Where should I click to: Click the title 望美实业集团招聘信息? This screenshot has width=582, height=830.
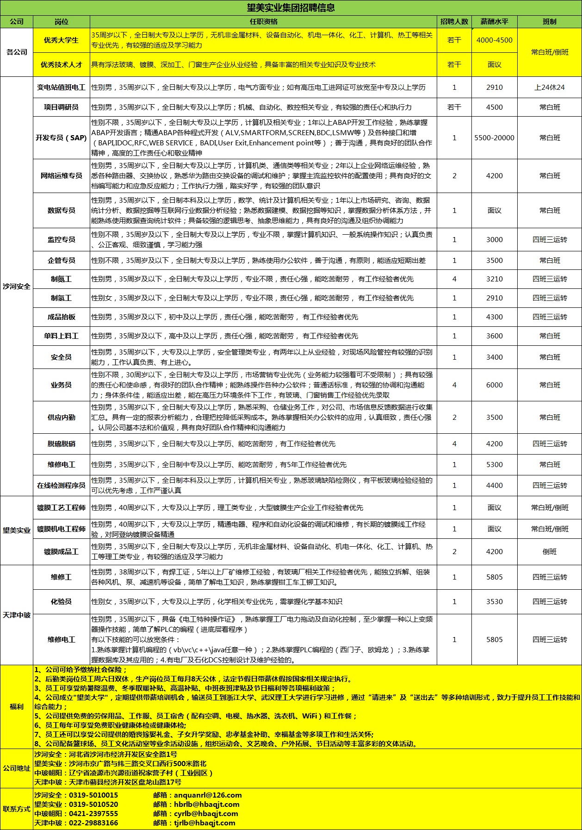(291, 8)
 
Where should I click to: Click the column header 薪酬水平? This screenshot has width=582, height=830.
(494, 22)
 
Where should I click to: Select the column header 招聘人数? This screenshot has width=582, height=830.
(454, 22)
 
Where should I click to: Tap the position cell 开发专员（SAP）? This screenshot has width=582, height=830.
(61, 137)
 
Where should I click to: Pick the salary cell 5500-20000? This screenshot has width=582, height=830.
(494, 137)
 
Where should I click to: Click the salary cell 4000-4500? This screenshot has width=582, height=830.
(494, 40)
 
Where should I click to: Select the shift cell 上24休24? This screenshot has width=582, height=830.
(549, 87)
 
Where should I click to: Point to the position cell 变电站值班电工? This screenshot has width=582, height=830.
(61, 87)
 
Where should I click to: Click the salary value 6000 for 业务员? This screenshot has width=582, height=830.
(494, 385)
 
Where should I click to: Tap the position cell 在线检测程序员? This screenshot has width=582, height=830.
(61, 485)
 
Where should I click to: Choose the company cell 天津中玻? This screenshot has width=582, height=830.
(17, 615)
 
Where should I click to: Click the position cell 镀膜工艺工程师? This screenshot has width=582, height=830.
(61, 508)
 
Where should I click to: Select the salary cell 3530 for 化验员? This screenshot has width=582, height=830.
(494, 601)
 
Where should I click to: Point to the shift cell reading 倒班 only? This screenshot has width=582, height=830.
(549, 551)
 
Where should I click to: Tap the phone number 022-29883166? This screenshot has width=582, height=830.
(93, 823)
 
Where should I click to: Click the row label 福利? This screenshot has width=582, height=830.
(17, 706)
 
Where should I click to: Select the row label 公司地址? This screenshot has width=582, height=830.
(17, 768)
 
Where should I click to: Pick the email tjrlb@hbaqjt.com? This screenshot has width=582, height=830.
(204, 823)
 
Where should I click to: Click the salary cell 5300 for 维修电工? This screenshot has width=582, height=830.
(494, 464)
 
